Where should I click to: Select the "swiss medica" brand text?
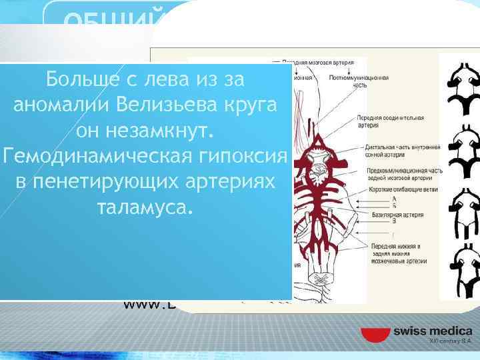point(432,331)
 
